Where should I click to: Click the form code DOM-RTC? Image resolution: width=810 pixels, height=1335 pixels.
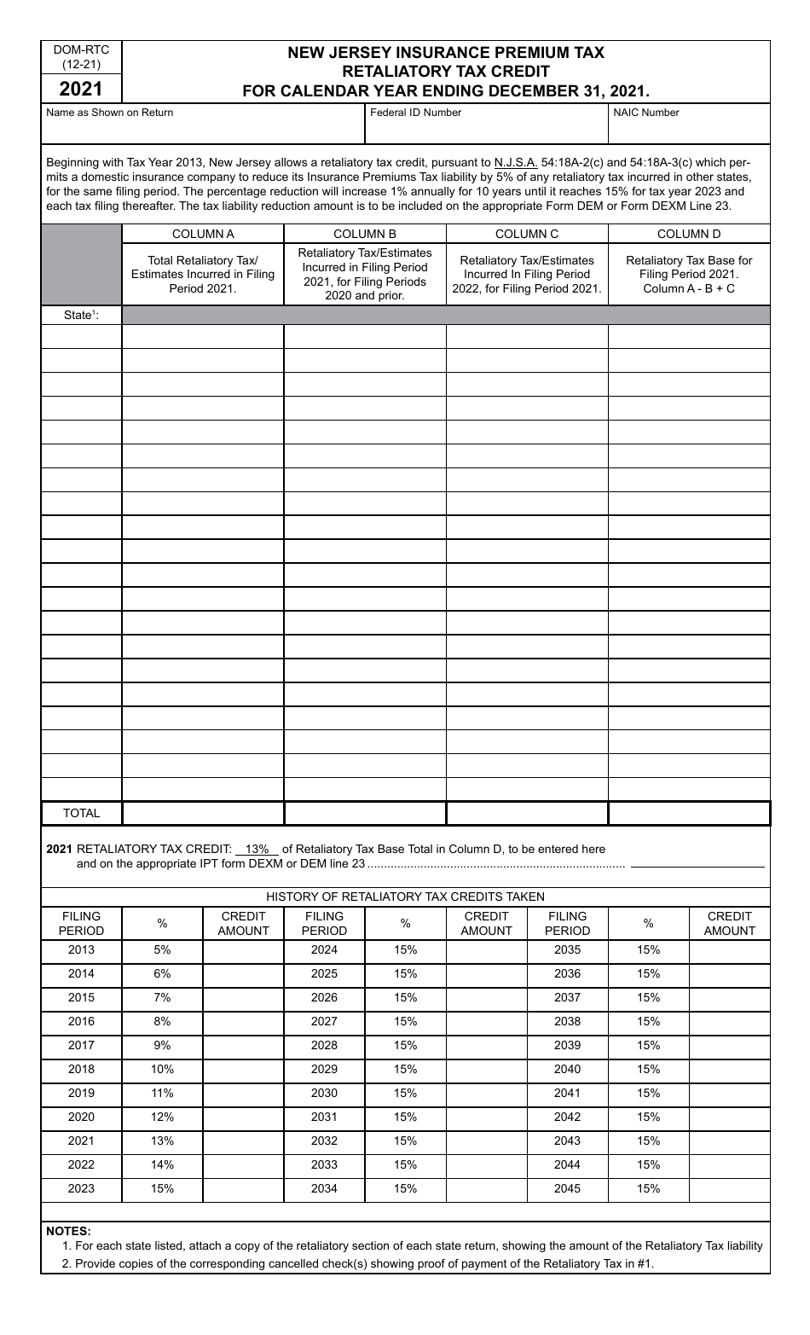81,50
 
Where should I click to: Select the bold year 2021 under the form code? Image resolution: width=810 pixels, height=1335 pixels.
81,89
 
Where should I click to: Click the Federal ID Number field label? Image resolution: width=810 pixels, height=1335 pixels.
415,113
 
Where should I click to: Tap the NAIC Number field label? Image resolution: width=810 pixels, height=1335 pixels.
645,113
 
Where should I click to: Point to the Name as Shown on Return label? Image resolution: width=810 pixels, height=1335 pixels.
109,113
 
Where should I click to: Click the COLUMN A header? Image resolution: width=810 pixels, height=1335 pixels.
203,234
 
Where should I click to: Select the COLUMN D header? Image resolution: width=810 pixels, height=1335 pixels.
689,234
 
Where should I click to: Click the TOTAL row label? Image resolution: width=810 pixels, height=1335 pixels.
81,814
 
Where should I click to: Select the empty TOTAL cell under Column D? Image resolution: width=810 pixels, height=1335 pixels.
689,814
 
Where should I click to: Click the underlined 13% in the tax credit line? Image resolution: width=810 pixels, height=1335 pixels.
257,850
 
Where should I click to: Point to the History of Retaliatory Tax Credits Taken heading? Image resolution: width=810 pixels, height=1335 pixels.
405,897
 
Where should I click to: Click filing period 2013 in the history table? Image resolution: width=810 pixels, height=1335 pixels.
81,950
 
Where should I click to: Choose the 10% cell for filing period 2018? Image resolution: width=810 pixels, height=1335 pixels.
162,1070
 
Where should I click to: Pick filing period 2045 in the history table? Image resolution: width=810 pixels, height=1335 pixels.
567,1189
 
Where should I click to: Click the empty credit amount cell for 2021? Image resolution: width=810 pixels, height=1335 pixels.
243,1141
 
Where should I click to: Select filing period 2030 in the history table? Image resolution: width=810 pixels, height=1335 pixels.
324,1094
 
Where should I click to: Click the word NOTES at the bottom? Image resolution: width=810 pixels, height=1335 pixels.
68,1231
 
